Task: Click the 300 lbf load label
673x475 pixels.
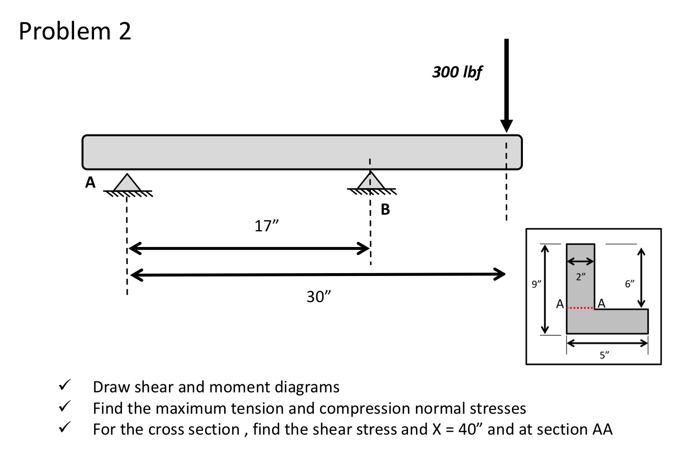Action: [x=457, y=72]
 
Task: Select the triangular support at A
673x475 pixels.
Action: [x=126, y=183]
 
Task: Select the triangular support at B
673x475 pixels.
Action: [x=370, y=181]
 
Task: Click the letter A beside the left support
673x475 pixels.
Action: [x=90, y=182]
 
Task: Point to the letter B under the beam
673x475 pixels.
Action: [x=385, y=209]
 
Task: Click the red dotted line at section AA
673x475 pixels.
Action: [x=580, y=309]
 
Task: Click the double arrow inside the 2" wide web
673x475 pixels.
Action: [x=580, y=261]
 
